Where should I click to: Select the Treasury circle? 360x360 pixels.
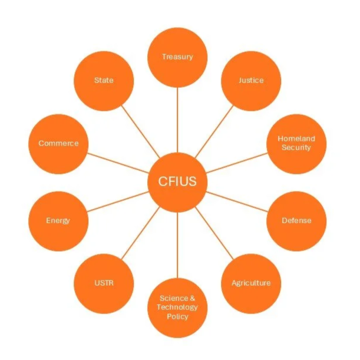pyautogui.click(x=177, y=57)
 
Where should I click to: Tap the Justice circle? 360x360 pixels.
pyautogui.click(x=250, y=80)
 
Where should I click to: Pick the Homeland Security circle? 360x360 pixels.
pyautogui.click(x=296, y=143)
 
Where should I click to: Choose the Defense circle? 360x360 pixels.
pyautogui.click(x=296, y=221)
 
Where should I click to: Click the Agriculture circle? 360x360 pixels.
pyautogui.click(x=250, y=283)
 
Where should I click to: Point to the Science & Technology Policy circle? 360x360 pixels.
pyautogui.click(x=177, y=307)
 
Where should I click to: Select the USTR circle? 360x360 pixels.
pyautogui.click(x=104, y=283)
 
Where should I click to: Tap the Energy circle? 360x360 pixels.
pyautogui.click(x=58, y=221)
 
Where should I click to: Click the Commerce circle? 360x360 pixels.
pyautogui.click(x=58, y=143)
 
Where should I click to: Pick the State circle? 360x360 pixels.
pyautogui.click(x=104, y=80)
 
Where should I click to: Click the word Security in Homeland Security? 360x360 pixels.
pyautogui.click(x=296, y=147)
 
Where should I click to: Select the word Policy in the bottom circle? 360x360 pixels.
pyautogui.click(x=177, y=316)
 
